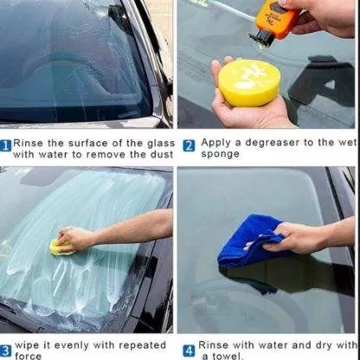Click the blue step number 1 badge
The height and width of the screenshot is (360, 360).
point(6,145)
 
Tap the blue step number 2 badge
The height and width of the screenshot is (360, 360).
point(189,146)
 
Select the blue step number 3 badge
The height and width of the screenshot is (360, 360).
point(6,351)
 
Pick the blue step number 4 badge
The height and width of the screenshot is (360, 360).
point(189,351)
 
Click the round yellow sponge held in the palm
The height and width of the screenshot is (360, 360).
point(249,82)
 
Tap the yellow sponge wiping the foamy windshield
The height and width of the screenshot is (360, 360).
point(61,248)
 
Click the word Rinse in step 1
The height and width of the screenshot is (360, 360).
point(29,143)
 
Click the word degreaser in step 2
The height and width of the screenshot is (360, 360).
point(272,143)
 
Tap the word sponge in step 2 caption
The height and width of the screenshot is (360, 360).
point(220,154)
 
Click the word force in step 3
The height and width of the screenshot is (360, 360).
point(29,356)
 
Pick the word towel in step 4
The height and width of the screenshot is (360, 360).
point(228,356)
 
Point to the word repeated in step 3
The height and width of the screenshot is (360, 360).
point(143,345)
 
